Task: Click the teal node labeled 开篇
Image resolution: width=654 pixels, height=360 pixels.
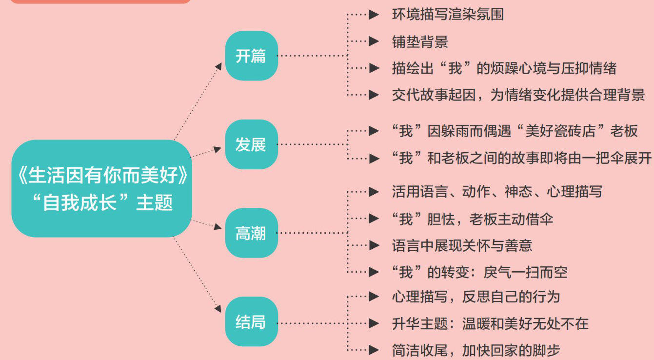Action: click(x=251, y=56)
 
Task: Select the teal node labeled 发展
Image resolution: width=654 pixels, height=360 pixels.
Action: click(x=251, y=144)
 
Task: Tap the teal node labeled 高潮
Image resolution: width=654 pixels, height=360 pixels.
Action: click(x=251, y=233)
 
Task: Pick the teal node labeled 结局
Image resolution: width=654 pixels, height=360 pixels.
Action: click(x=251, y=322)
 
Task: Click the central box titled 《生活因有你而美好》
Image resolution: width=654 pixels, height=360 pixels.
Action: click(x=101, y=188)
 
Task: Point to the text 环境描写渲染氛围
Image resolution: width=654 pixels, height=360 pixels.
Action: click(x=448, y=15)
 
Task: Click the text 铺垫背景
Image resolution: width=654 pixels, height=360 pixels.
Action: click(x=420, y=41)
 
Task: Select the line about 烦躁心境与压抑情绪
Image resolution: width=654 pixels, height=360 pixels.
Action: click(x=504, y=68)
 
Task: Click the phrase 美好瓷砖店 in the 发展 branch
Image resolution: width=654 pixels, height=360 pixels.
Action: click(x=568, y=131)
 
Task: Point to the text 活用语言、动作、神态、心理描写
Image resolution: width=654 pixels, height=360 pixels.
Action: click(x=496, y=191)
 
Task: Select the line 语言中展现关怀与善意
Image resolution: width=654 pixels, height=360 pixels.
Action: click(x=462, y=245)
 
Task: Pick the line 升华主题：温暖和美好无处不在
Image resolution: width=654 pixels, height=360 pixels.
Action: click(x=490, y=323)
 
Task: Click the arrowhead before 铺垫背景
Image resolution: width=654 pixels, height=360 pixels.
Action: click(x=374, y=41)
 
